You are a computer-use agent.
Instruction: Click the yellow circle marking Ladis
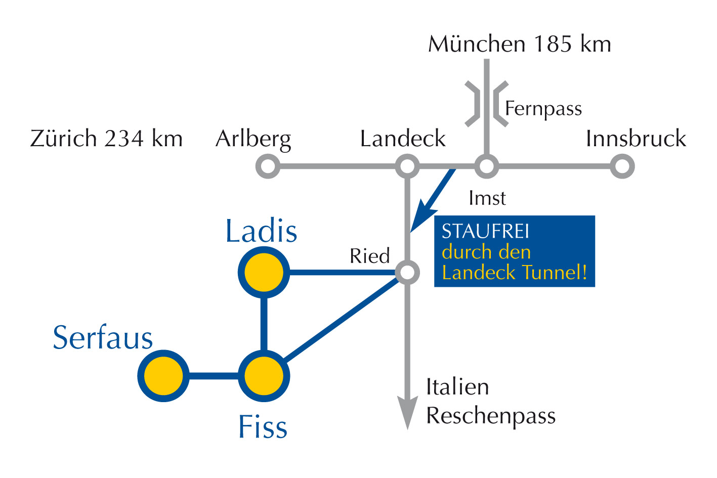[x=264, y=273]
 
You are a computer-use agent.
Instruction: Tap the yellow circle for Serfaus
[x=163, y=376]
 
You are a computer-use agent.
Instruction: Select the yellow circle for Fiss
[x=264, y=376]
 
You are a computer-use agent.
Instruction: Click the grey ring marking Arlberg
[x=268, y=166]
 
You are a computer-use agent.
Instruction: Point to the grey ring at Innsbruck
[x=622, y=166]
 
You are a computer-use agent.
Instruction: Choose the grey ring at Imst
[x=486, y=166]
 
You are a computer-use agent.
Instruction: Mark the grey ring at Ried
[x=407, y=273]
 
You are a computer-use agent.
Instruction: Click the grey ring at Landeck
[x=407, y=166]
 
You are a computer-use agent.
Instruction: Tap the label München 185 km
[x=520, y=44]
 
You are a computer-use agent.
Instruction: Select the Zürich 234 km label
[x=106, y=139]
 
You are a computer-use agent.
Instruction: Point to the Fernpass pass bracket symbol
[x=486, y=104]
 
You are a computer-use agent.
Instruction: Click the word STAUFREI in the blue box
[x=485, y=231]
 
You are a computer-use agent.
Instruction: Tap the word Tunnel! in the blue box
[x=555, y=273]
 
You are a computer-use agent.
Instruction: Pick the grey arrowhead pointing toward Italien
[x=407, y=412]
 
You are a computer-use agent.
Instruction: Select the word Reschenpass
[x=491, y=416]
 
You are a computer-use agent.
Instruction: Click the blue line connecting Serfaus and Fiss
[x=214, y=376]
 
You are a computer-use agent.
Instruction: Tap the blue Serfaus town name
[x=103, y=338]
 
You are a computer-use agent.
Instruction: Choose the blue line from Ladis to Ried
[x=342, y=273]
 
